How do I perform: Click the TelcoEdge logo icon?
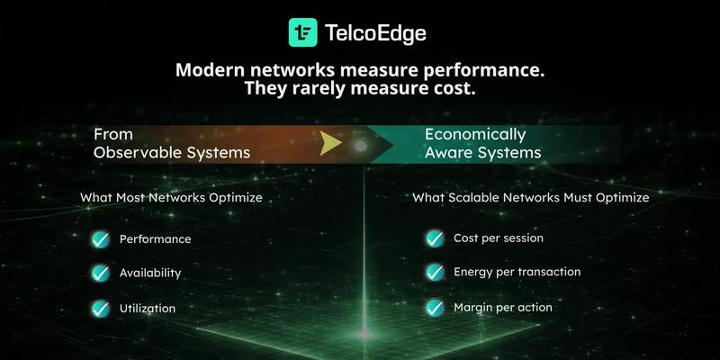click(302, 32)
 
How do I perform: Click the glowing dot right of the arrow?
click(361, 144)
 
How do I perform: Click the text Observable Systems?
click(171, 153)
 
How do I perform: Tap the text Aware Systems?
click(482, 153)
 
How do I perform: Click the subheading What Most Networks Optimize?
click(176, 196)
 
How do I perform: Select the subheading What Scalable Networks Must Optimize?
click(530, 196)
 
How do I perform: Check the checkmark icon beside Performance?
click(100, 239)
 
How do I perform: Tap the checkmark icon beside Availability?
click(100, 273)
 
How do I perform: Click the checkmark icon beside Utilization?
click(100, 308)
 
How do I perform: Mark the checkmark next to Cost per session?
click(435, 238)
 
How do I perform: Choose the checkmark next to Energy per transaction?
click(435, 272)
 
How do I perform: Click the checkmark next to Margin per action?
click(435, 307)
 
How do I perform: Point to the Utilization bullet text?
click(148, 308)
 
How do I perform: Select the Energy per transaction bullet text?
click(517, 272)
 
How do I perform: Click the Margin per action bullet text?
click(502, 307)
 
